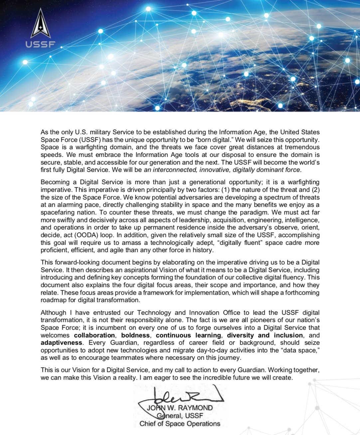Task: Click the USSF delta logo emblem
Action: (40, 24)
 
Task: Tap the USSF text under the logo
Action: (40, 44)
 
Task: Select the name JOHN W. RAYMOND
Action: (180, 408)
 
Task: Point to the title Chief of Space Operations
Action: (180, 424)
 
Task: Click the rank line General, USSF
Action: (180, 416)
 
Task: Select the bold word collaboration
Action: (94, 335)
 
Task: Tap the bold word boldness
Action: (135, 335)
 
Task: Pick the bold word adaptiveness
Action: (61, 343)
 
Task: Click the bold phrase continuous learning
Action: (188, 335)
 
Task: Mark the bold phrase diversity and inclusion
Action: (265, 335)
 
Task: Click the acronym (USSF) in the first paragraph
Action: (88, 140)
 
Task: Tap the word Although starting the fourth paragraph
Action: (53, 313)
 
